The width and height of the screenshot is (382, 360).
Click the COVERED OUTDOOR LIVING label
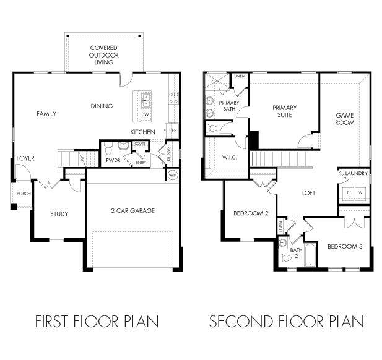tap(103, 54)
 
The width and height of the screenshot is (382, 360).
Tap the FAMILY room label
tap(46, 114)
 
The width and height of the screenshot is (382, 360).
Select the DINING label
tap(102, 106)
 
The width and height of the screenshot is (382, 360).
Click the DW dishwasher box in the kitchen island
tap(145, 115)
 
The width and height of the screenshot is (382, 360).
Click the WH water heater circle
tap(172, 176)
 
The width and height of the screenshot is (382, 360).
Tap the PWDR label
tap(112, 160)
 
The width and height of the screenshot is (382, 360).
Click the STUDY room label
tap(59, 215)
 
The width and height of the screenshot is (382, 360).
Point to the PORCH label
tap(24, 194)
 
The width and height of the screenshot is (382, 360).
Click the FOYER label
tap(25, 158)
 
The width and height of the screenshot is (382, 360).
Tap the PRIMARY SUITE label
tap(285, 111)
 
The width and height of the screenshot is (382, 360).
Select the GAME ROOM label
tap(345, 119)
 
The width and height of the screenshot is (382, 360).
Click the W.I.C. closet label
tap(229, 158)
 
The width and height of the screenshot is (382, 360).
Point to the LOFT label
tap(308, 193)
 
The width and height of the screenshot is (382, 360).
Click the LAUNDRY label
tap(357, 174)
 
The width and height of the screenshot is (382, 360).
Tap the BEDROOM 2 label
tap(250, 214)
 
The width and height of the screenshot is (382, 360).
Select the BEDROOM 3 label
tap(344, 246)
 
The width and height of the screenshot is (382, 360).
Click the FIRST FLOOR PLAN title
tap(97, 322)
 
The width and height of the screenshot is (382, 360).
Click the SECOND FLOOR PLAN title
tap(286, 322)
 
